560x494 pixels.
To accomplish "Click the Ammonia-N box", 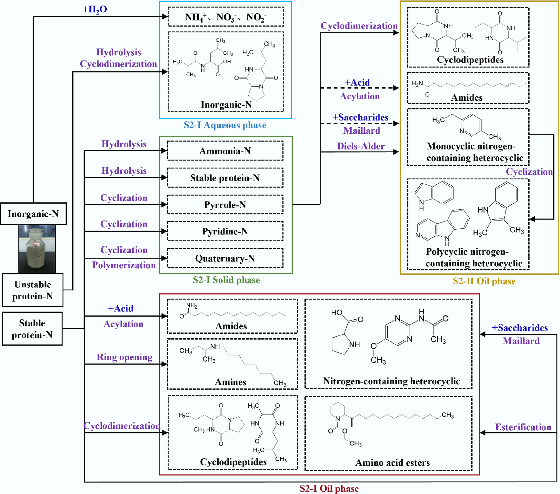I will (225, 151).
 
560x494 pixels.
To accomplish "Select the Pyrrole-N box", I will (225, 205).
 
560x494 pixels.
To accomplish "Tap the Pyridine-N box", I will (225, 231).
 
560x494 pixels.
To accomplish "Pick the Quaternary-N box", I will (225, 258).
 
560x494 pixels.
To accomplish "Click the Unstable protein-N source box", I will (33, 290).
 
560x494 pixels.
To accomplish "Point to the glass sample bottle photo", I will (37, 249).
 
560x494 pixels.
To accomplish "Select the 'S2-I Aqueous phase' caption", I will (225, 125).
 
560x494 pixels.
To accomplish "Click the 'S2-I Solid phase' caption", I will (226, 280).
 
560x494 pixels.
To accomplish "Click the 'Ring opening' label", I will (125, 357).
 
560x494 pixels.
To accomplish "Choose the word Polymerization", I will (124, 265).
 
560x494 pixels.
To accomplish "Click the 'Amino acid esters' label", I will (392, 462).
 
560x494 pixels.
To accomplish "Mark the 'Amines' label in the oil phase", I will (231, 382).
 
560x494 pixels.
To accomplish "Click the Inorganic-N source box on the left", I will (33, 214).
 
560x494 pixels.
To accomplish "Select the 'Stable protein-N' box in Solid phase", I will (225, 178).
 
